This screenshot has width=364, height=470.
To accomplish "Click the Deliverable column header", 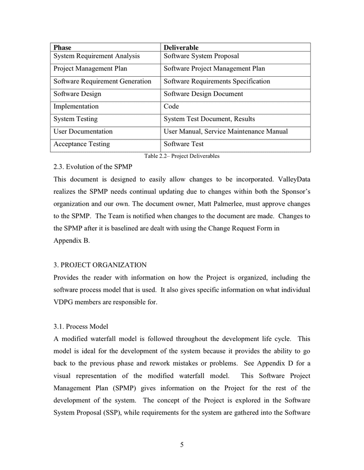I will pyautogui.click(x=181, y=48).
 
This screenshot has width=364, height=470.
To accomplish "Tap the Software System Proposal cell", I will pyautogui.click(x=201, y=56).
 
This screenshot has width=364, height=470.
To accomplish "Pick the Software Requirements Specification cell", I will pyautogui.click(x=217, y=81).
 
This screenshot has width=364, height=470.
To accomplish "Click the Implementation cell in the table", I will pyautogui.click(x=76, y=107).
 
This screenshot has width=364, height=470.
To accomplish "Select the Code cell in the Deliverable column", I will pyautogui.click(x=172, y=107).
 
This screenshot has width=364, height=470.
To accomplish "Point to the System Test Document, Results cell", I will pyautogui.click(x=209, y=119).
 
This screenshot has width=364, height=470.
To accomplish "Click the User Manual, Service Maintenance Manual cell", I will pyautogui.click(x=225, y=132).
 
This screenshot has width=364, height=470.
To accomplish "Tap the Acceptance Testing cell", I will pyautogui.click(x=82, y=144).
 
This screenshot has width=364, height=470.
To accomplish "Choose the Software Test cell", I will pyautogui.click(x=184, y=144).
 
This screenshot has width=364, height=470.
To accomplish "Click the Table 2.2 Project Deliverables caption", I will pyautogui.click(x=181, y=156).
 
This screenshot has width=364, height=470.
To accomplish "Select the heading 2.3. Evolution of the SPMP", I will pyautogui.click(x=93, y=167).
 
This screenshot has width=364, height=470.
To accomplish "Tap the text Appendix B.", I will pyautogui.click(x=72, y=241).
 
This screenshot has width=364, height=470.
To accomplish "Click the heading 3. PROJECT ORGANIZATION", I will pyautogui.click(x=100, y=265).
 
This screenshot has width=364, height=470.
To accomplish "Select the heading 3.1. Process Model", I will pyautogui.click(x=81, y=326).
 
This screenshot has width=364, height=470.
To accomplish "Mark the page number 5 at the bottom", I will pyautogui.click(x=182, y=445).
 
